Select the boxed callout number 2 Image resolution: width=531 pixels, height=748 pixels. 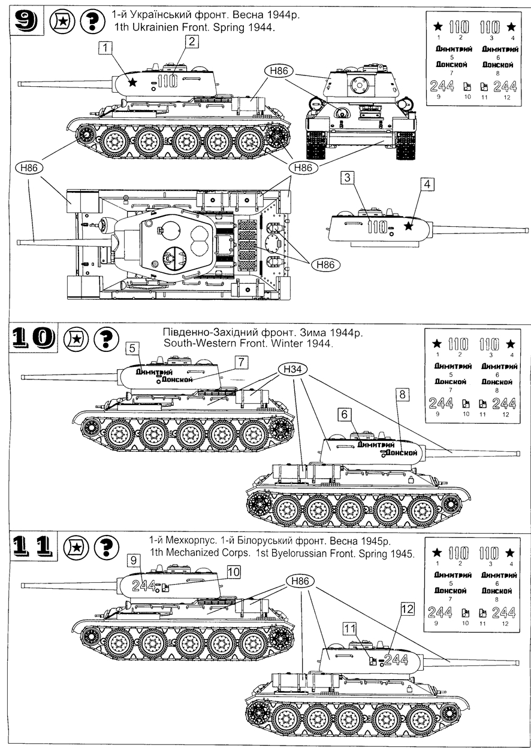point(191,41)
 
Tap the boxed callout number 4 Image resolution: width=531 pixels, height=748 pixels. point(426,185)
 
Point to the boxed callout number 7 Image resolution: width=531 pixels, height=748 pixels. point(240,362)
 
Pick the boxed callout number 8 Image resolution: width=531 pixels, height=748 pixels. point(402,394)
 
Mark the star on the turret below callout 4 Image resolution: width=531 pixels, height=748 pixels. point(409,226)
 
